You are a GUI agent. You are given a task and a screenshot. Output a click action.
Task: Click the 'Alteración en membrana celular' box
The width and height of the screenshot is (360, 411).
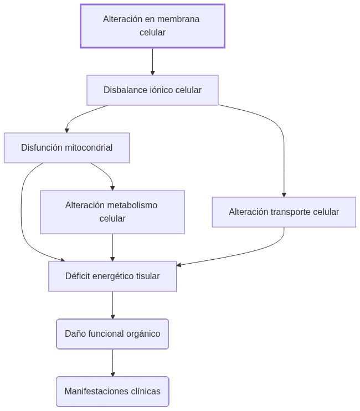pos(152,26)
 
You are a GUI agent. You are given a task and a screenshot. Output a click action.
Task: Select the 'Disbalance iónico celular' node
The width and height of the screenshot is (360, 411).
pos(152,90)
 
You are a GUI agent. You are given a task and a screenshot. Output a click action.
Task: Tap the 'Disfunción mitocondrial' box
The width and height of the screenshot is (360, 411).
pos(66,148)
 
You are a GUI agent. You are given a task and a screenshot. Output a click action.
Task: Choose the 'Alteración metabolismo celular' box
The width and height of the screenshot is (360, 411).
pos(112,212)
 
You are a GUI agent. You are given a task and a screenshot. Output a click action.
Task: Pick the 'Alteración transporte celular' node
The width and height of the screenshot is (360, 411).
pos(284,212)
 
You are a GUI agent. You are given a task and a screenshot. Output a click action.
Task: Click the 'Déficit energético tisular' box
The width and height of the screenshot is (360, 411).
pos(112,276)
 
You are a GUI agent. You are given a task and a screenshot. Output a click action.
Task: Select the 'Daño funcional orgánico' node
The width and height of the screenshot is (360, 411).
pos(112,334)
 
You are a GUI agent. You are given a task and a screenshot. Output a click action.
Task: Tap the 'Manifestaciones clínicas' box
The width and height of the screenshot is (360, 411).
pos(112,392)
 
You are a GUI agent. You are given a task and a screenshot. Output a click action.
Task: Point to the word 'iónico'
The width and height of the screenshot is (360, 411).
pos(162,90)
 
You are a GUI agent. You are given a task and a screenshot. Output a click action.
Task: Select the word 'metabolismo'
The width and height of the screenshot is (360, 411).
pos(132,206)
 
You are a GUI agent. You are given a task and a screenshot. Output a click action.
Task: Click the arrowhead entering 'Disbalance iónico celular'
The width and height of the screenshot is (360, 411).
pos(152,73)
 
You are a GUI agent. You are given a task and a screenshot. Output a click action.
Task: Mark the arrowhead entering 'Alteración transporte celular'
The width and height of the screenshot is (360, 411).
pos(284,194)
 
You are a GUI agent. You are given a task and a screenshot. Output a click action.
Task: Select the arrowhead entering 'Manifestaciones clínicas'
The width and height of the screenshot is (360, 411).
pos(112,374)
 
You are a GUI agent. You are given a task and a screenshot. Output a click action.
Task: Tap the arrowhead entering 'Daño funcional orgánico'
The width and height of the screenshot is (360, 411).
pos(112,316)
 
